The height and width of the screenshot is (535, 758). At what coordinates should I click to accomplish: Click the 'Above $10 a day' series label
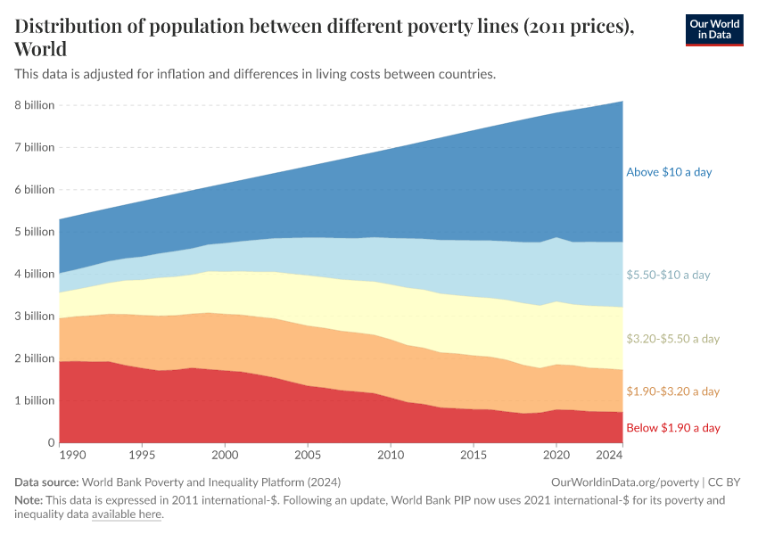point(669,172)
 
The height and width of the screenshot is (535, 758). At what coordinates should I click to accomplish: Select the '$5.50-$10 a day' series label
point(669,275)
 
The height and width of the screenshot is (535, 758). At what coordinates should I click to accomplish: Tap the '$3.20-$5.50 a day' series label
point(672,339)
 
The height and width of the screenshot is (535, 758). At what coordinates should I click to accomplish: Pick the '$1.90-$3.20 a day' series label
point(672,391)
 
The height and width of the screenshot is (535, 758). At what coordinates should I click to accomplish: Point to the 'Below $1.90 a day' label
point(672,428)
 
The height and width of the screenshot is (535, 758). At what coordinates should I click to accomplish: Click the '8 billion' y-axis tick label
point(35,105)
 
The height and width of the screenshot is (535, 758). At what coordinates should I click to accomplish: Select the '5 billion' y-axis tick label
point(35,232)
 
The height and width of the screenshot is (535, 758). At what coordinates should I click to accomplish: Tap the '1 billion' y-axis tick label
point(35,400)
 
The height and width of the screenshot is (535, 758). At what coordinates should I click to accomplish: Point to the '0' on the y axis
point(52,442)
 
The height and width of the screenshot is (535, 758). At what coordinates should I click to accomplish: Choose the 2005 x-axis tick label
point(308,456)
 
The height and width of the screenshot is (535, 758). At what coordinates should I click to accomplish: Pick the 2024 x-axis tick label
point(609,456)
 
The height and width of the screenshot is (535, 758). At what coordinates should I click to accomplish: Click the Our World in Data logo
point(713,29)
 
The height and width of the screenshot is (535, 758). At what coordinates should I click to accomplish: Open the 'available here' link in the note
point(127,514)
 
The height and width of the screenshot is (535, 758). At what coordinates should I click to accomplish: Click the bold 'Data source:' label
point(48,481)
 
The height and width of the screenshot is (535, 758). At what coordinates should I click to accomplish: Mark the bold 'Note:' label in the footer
point(29,500)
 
